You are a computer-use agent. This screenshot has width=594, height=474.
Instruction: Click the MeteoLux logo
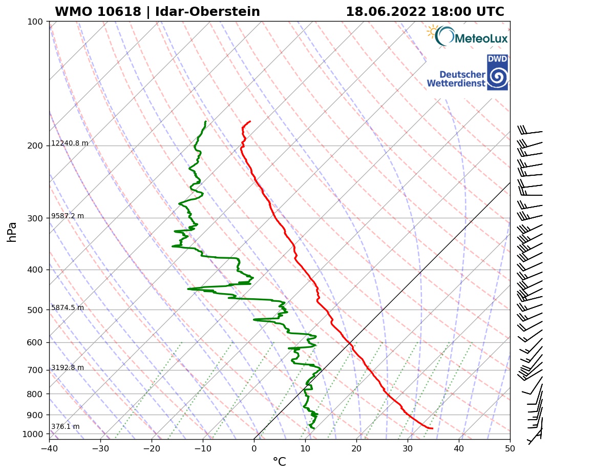click(467, 37)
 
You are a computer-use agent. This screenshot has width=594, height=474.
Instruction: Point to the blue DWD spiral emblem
click(497, 77)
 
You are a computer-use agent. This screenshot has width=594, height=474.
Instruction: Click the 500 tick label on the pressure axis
click(34, 310)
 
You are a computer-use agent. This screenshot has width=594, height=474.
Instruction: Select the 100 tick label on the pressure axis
click(34, 22)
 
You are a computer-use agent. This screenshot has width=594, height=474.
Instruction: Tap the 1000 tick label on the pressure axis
click(32, 435)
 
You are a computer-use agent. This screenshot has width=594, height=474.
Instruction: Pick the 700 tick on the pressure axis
click(34, 370)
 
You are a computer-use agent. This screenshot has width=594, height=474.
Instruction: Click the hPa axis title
click(12, 232)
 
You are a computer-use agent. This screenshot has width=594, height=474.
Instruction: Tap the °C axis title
click(279, 462)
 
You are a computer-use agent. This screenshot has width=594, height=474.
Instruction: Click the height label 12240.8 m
click(70, 143)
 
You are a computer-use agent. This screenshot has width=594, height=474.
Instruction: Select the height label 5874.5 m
click(68, 308)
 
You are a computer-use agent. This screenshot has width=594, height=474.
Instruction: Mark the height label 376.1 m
click(65, 427)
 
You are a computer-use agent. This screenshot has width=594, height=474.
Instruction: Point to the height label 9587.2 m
click(68, 216)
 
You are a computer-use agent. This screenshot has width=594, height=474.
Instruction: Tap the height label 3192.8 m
click(68, 368)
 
